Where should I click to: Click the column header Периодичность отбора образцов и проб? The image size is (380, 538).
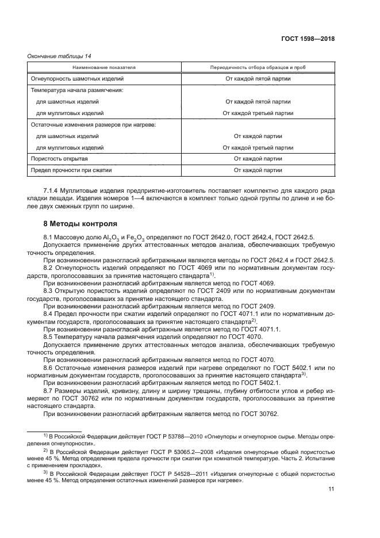(258, 67)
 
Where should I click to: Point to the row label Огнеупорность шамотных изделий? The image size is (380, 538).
(73, 78)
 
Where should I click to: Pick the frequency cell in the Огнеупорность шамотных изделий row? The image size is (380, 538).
(258, 78)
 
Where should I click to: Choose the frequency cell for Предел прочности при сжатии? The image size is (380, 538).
(258, 170)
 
